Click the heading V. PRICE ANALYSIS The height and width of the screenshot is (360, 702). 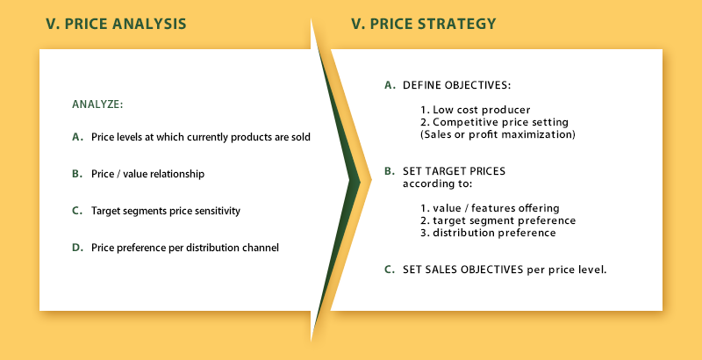[116, 24]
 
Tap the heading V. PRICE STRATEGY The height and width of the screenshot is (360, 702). [424, 24]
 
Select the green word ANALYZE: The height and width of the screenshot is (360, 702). [97, 104]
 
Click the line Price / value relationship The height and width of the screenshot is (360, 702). [147, 174]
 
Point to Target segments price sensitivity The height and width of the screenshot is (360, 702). [166, 211]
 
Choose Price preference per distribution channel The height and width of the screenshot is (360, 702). [185, 248]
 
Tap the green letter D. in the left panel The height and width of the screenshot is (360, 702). [78, 247]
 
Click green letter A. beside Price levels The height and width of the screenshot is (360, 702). [78, 137]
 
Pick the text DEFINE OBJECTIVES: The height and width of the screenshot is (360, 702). [456, 85]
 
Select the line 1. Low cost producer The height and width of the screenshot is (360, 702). [476, 110]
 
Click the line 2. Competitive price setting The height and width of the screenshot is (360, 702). [494, 122]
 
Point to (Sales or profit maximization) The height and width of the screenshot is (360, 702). [498, 134]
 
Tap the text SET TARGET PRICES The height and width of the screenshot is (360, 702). [454, 171]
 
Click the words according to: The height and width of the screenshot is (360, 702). [437, 184]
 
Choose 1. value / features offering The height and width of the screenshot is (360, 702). [490, 208]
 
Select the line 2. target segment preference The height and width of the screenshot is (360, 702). [498, 220]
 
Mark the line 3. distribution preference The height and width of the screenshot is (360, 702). [488, 233]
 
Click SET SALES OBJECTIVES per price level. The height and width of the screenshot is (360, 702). [505, 270]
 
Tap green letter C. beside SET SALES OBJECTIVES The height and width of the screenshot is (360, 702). [390, 270]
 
